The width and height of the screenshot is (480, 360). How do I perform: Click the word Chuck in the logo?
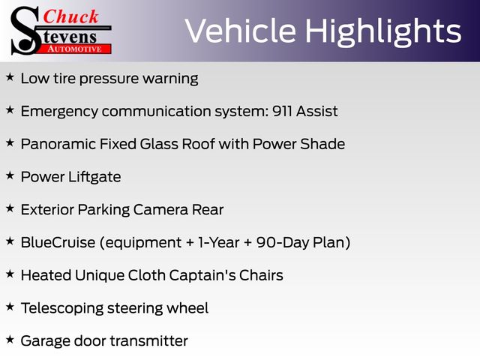(70, 16)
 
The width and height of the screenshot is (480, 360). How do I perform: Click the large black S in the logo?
(25, 31)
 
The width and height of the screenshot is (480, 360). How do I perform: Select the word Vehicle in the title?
(241, 31)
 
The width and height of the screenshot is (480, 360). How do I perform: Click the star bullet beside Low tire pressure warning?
(10, 76)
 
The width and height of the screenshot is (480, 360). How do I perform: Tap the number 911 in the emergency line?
(282, 111)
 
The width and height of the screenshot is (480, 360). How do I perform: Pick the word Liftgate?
(94, 177)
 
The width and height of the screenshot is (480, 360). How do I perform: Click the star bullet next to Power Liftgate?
(10, 175)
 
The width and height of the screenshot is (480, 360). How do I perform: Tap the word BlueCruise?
(58, 242)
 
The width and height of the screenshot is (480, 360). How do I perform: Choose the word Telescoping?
(62, 308)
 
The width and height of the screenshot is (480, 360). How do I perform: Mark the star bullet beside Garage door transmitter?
(10, 339)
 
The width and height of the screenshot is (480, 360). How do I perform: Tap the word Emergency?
(59, 112)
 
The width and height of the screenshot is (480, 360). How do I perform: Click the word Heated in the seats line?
(46, 275)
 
